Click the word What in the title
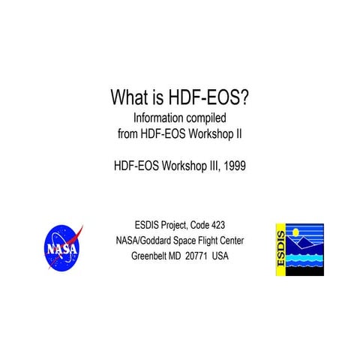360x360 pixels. [x=127, y=97]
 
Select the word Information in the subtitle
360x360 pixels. [x=157, y=118]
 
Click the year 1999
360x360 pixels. [x=231, y=165]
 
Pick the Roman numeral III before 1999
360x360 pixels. [x=207, y=165]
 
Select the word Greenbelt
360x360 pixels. [x=153, y=256]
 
